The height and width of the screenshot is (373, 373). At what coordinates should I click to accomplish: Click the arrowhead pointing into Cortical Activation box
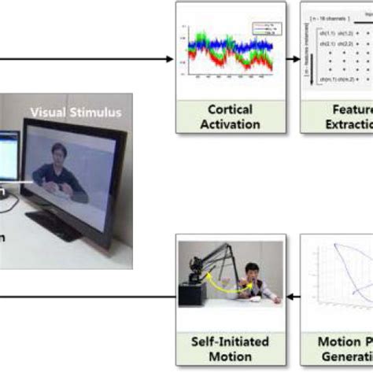pos(170,60)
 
